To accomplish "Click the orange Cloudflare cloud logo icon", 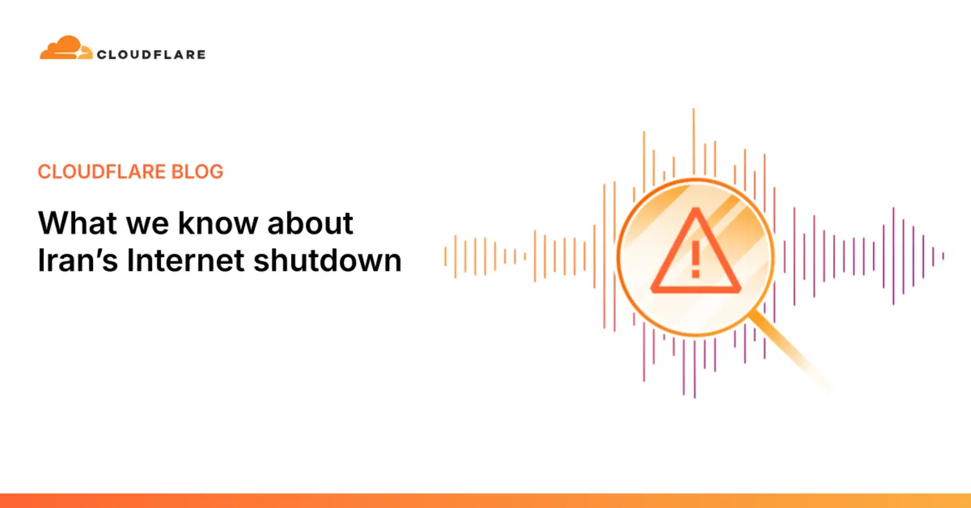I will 65,49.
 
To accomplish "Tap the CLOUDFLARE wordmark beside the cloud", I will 151,54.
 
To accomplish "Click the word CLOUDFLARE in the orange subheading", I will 98,172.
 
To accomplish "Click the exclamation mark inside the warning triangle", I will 695,256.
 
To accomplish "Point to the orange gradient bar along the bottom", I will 486,500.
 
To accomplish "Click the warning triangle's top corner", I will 695,212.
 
